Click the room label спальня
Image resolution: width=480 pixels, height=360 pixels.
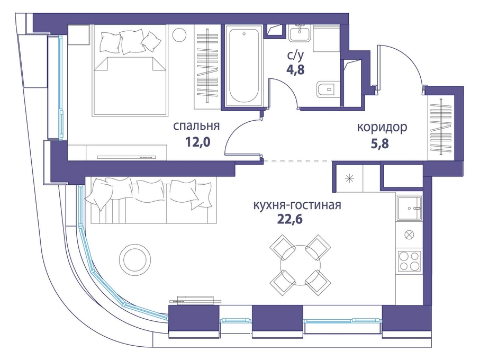196,126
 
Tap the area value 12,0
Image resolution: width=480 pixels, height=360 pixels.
197,142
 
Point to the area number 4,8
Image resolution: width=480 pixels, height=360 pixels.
295,70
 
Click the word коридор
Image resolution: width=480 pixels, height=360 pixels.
382,128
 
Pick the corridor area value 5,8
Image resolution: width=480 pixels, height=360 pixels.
380,143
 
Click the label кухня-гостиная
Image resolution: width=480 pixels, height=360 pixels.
297,205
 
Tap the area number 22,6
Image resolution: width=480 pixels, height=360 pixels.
290,219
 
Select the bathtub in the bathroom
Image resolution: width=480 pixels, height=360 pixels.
244,66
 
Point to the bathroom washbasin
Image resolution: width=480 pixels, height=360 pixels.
300,33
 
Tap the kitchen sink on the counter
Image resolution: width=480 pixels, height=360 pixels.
409,208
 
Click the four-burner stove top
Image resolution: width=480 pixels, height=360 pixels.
409,261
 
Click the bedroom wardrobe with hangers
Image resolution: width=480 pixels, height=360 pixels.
207,67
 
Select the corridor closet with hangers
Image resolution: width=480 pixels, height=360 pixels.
441,126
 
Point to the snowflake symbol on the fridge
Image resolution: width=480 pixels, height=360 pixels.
349,178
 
